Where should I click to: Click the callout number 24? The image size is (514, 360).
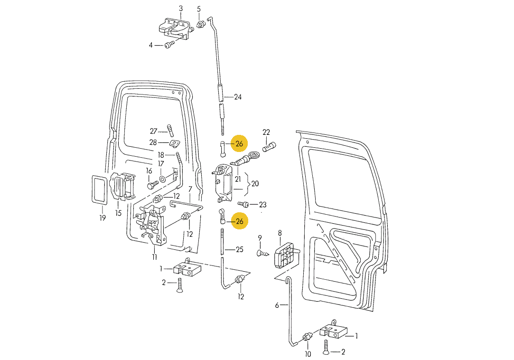[x=238, y=97]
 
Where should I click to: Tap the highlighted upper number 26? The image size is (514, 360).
[x=239, y=143]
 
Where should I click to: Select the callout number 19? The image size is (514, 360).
[x=103, y=218]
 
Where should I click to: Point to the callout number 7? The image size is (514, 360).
[x=190, y=189]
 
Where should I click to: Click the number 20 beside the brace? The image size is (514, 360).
[x=255, y=184]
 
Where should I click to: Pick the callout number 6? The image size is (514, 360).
[x=277, y=305]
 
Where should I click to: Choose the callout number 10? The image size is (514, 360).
[x=308, y=354]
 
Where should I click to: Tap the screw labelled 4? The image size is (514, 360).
[x=169, y=45]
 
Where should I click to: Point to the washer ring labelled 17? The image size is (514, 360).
[x=162, y=179]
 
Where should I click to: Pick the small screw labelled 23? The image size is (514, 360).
[x=244, y=204]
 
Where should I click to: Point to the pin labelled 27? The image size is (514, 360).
[x=170, y=130]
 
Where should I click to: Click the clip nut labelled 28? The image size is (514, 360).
[x=175, y=143]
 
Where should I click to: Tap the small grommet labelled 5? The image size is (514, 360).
[x=200, y=24]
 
